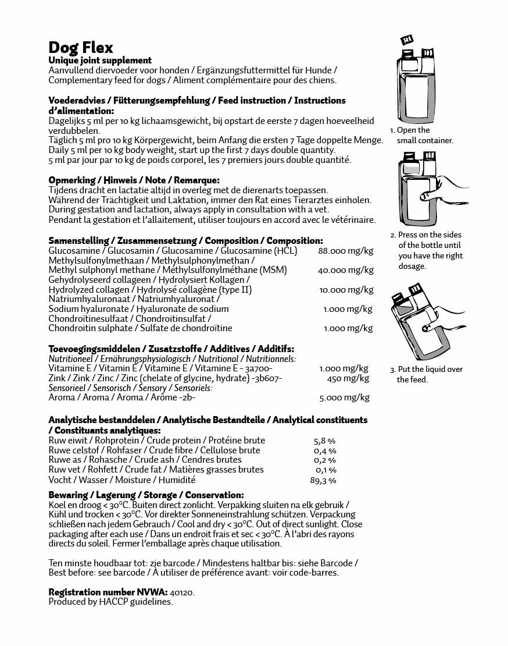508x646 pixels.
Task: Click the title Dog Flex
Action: [81, 47]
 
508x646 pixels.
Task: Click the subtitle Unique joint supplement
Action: [100, 61]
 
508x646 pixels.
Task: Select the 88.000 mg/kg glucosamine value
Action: [346, 251]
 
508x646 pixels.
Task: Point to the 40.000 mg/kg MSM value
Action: [346, 270]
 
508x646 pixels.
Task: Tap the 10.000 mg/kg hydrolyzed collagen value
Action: [346, 289]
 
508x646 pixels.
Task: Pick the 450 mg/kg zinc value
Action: [348, 378]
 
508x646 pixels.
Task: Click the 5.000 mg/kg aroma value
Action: [344, 398]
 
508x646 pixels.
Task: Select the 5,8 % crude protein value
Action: [325, 441]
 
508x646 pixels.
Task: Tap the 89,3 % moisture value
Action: [323, 481]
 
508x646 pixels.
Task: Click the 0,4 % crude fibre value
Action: [325, 451]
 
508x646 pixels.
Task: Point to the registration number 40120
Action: [183, 592]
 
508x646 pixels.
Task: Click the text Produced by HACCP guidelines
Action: [110, 602]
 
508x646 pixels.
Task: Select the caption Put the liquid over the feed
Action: [426, 374]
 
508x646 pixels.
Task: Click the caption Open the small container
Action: [421, 135]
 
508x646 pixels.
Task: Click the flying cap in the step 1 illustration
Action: [407, 40]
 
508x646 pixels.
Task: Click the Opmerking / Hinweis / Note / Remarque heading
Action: [134, 180]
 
